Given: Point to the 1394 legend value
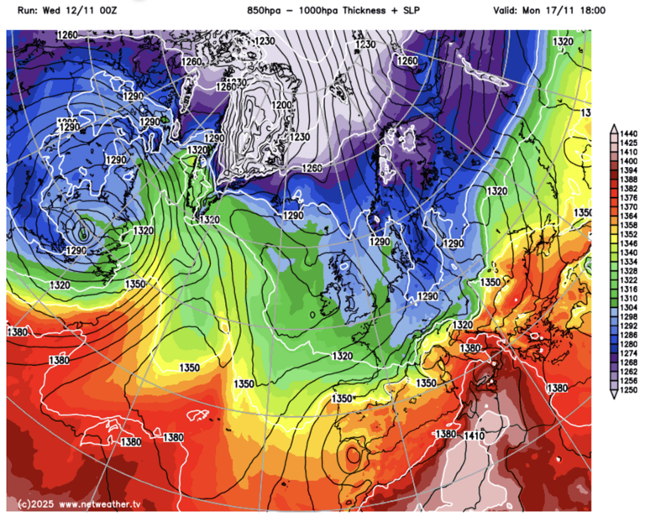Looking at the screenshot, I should (628, 170).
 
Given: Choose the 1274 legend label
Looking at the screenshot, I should (628, 355).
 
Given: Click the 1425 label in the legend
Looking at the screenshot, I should (628, 143).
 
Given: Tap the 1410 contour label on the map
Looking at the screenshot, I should (475, 435).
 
